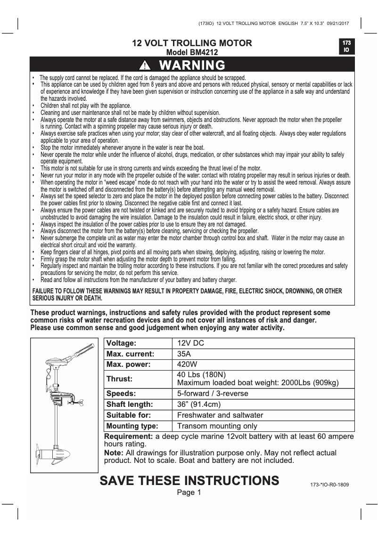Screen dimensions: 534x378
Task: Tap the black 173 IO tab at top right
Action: click(345, 46)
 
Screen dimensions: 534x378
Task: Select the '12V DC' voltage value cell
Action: click(191, 343)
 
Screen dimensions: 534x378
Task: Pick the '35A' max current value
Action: click(184, 353)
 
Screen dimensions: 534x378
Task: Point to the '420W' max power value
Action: click(187, 364)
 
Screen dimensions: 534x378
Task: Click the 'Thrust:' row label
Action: click(120, 379)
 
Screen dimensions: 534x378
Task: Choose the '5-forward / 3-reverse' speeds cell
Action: click(212, 393)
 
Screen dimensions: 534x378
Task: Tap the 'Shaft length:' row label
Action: click(130, 404)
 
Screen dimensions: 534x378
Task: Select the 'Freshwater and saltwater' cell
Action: click(220, 415)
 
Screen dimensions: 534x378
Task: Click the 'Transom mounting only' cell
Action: click(217, 426)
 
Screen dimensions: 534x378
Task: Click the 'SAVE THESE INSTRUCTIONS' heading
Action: click(189, 480)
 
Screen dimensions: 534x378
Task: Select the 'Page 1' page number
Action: click(189, 493)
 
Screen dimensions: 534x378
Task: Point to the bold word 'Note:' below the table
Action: click(114, 453)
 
